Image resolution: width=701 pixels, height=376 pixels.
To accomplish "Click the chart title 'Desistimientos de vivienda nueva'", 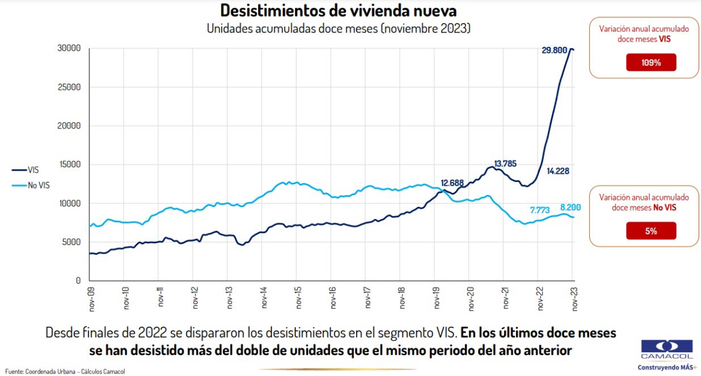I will pyautogui.click(x=338, y=11).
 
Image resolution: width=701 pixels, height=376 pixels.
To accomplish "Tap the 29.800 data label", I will pyautogui.click(x=554, y=51).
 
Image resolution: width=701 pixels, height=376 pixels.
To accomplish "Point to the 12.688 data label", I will pyautogui.click(x=456, y=183).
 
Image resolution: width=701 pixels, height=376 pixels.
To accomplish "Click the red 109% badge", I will pyautogui.click(x=651, y=62).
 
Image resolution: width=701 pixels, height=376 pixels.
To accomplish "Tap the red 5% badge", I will pyautogui.click(x=651, y=231).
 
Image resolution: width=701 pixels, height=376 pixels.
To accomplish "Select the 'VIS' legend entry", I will pyautogui.click(x=33, y=170).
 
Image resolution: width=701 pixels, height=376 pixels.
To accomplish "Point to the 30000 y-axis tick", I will pyautogui.click(x=70, y=48).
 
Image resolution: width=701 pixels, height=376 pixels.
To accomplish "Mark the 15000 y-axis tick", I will pyautogui.click(x=70, y=165).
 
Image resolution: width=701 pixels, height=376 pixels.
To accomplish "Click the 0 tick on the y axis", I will pyautogui.click(x=78, y=281).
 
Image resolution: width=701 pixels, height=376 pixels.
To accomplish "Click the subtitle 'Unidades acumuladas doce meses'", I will pyautogui.click(x=338, y=29).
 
